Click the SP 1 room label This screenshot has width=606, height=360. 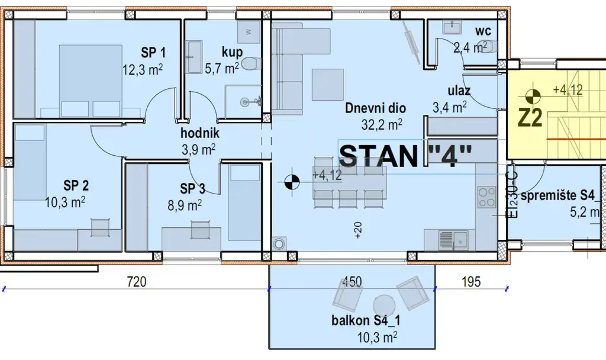[x=153, y=52]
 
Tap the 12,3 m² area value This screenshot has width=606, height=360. [x=142, y=70]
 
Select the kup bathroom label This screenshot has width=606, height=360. [x=232, y=52]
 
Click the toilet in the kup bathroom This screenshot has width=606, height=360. [x=252, y=64]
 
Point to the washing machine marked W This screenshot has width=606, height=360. [x=249, y=32]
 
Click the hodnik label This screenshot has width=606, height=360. [x=200, y=133]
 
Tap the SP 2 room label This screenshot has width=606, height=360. [x=76, y=185]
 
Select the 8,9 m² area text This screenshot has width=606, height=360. [x=185, y=205]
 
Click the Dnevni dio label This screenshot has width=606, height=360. [x=375, y=108]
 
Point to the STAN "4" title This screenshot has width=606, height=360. [x=406, y=156]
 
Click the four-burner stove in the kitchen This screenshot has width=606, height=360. [x=486, y=197]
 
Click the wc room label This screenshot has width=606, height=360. [x=483, y=30]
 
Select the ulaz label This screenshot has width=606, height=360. [x=459, y=91]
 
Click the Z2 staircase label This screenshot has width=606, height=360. [x=530, y=118]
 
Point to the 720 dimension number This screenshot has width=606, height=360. [x=137, y=281]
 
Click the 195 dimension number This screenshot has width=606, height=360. [x=471, y=281]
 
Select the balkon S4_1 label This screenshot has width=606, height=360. [x=366, y=320]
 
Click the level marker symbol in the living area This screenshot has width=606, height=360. [x=292, y=181]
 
